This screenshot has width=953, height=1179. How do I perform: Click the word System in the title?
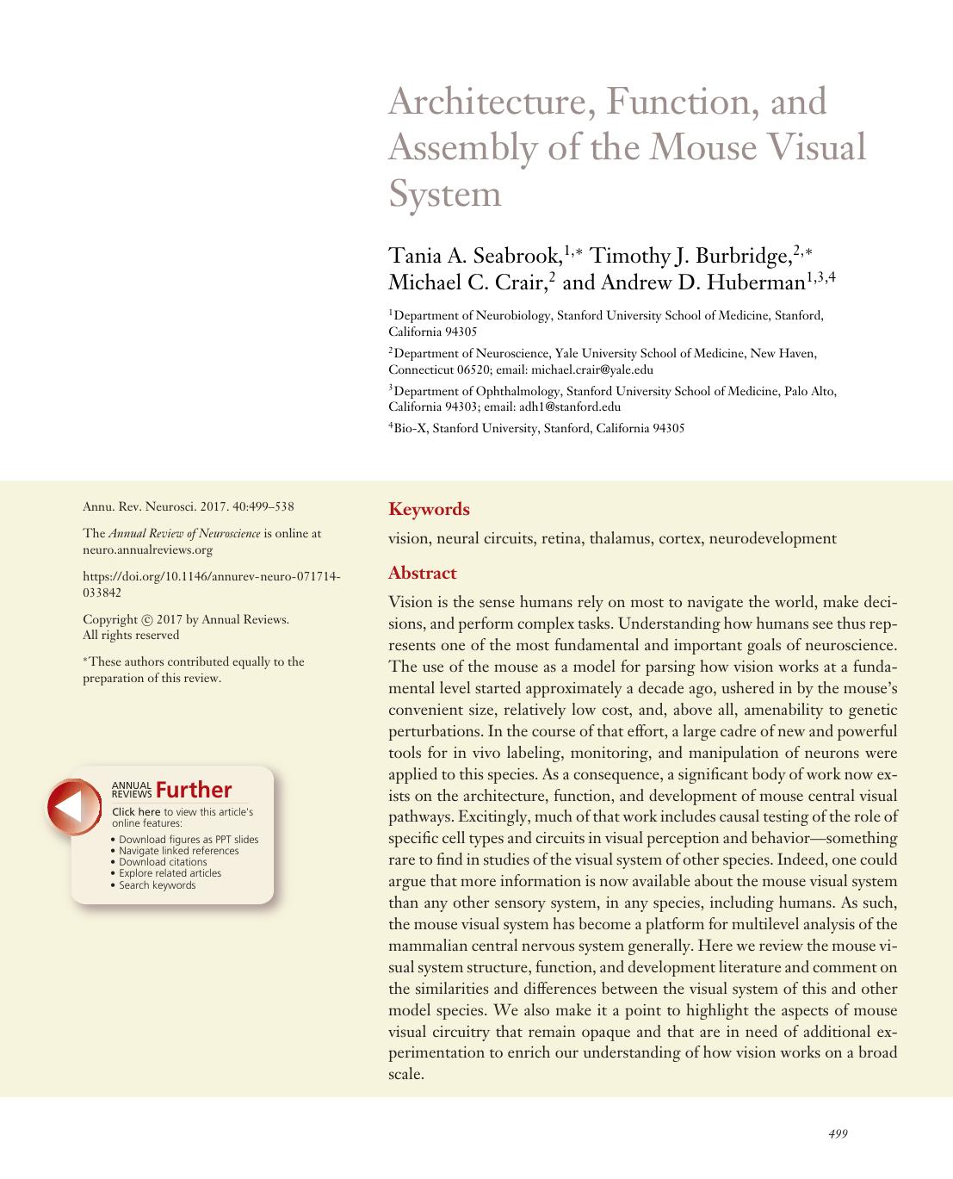click(444, 194)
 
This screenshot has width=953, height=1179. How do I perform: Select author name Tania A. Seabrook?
click(475, 257)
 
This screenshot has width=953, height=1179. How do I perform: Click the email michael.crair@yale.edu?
click(592, 370)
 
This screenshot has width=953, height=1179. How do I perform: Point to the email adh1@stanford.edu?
click(570, 407)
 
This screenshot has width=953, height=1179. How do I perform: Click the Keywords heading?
click(429, 509)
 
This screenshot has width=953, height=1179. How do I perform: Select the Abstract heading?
click(422, 574)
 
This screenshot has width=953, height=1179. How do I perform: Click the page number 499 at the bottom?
click(837, 1134)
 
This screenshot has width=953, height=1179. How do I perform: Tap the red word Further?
click(194, 790)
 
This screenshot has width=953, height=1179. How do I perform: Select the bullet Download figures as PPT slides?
click(188, 840)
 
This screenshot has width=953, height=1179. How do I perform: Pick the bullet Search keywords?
click(157, 885)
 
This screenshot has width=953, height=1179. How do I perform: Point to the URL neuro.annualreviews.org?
click(147, 549)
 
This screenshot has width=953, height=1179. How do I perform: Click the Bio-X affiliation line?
click(536, 428)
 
